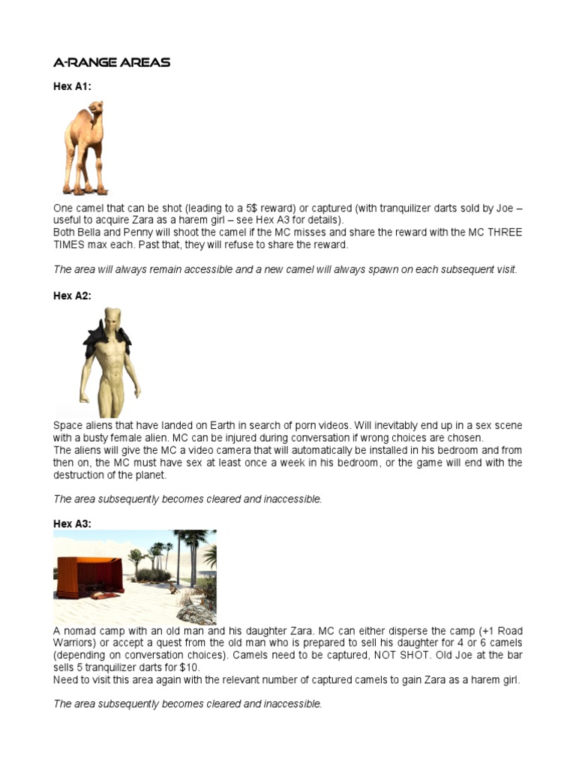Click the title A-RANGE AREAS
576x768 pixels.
click(112, 62)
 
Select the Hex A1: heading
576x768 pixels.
click(72, 87)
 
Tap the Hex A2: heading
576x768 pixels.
click(72, 296)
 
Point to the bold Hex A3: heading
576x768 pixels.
click(72, 524)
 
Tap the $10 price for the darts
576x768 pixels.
click(190, 667)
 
